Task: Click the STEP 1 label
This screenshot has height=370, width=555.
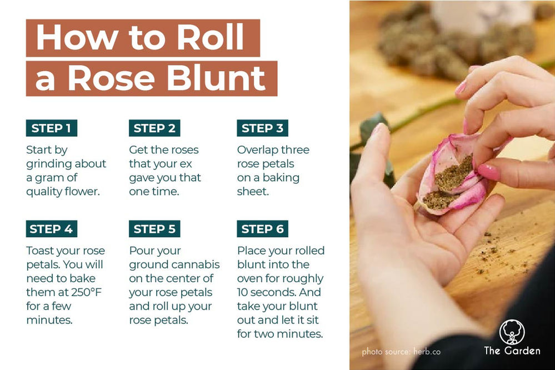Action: click(51, 128)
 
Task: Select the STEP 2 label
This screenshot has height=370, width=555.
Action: click(154, 128)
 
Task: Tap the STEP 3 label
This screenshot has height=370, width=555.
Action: click(262, 128)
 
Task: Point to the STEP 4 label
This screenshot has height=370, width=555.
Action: click(51, 229)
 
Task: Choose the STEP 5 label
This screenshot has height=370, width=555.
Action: click(154, 229)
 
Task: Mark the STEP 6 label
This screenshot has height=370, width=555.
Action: click(262, 229)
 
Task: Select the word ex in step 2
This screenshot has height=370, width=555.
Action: click(191, 164)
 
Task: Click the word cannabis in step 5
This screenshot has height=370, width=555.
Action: click(197, 264)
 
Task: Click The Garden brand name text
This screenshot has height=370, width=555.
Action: click(512, 351)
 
